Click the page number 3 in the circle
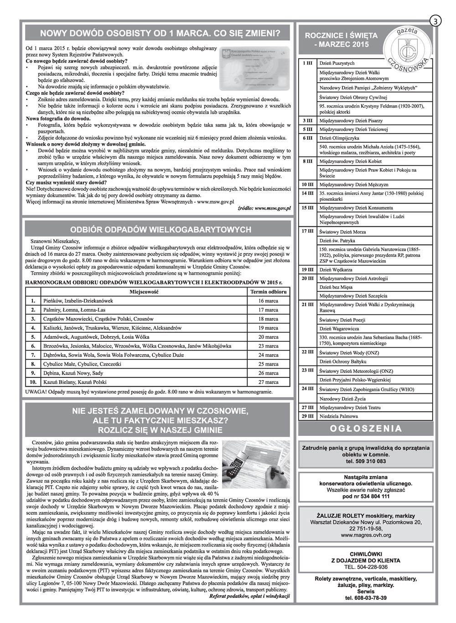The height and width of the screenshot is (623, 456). [x=435, y=21]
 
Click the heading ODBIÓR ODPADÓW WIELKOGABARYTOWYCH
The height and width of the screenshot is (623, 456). [x=158, y=230]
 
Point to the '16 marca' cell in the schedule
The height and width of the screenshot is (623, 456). [x=268, y=301]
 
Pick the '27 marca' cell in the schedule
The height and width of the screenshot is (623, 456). [x=268, y=382]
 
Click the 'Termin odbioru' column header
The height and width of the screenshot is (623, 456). [x=268, y=292]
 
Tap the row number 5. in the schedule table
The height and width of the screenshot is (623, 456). [x=32, y=337]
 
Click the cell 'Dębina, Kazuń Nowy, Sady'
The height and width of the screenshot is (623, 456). [x=73, y=373]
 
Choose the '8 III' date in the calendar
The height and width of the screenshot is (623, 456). [x=307, y=161]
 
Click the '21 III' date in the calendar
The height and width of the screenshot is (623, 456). [x=307, y=304]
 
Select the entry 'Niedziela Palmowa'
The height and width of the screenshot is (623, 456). [x=339, y=416]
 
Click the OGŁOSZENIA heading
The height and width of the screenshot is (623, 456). [x=366, y=429]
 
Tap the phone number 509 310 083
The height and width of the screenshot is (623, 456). [x=366, y=461]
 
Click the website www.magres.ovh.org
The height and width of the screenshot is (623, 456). [x=366, y=535]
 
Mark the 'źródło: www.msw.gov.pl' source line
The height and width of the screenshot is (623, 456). [x=264, y=208]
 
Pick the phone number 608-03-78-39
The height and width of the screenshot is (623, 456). [x=366, y=598]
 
